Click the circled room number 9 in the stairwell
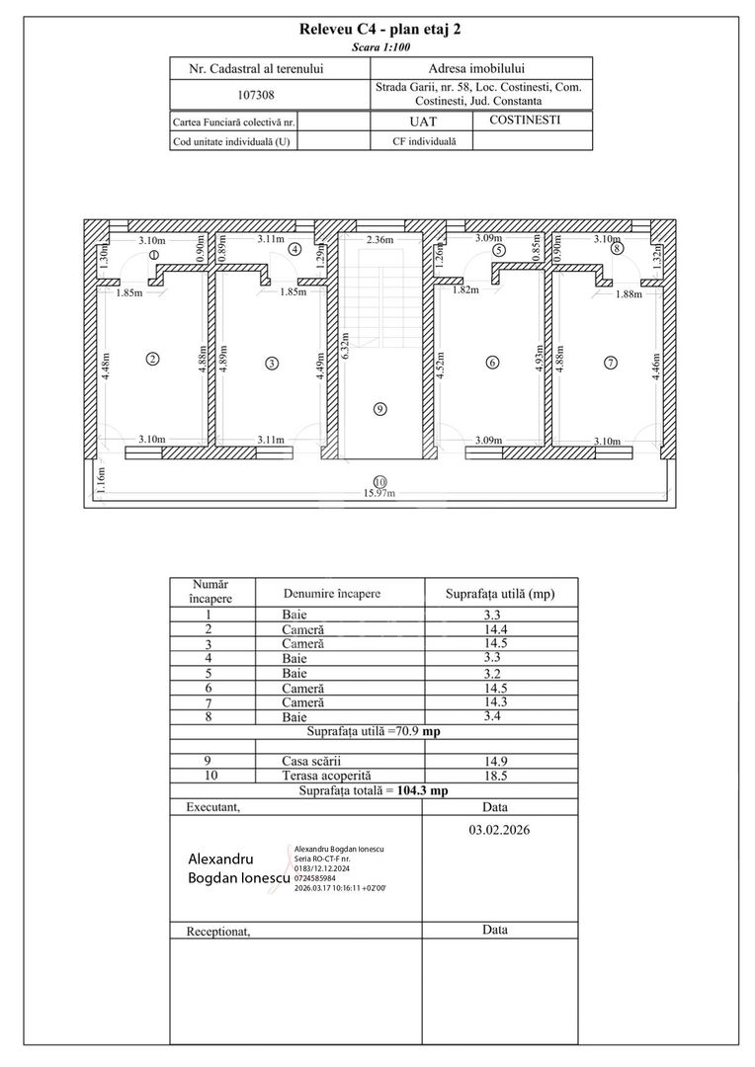tap(379, 408)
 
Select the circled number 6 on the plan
tap(492, 363)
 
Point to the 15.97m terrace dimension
tap(379, 493)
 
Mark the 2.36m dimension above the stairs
tap(379, 239)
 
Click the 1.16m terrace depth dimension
tap(101, 480)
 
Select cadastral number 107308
tap(256, 95)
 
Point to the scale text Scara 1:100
tap(380, 47)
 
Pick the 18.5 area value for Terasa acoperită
tap(495, 776)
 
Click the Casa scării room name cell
tap(311, 762)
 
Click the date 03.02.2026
tap(499, 830)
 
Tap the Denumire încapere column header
tap(332, 594)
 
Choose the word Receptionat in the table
tap(217, 932)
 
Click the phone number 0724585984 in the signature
tap(314, 878)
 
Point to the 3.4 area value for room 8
tap(492, 716)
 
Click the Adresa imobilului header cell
tap(476, 68)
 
